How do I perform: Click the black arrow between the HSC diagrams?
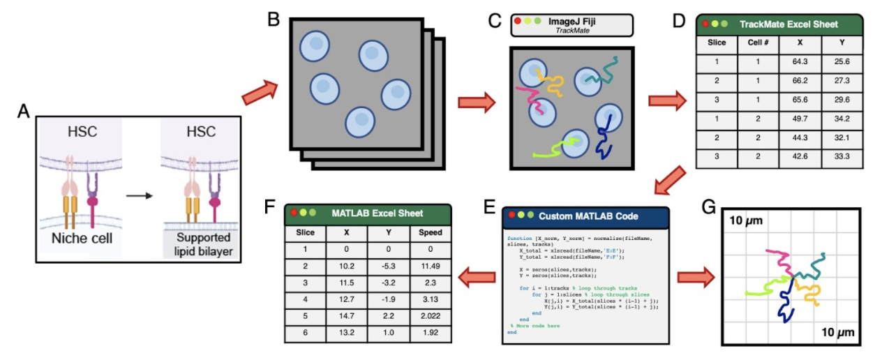(x=142, y=195)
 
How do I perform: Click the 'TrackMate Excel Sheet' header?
(x=788, y=24)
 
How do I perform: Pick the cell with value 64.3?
(x=800, y=62)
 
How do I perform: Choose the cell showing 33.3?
(x=842, y=156)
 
